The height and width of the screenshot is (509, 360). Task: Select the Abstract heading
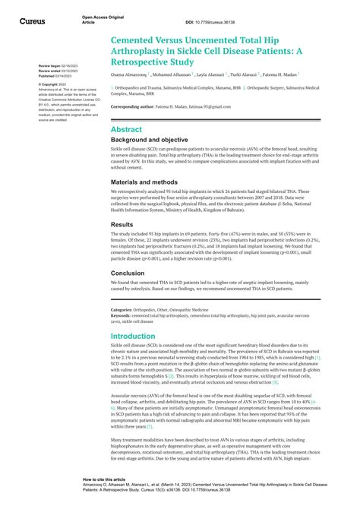click(x=126, y=130)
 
